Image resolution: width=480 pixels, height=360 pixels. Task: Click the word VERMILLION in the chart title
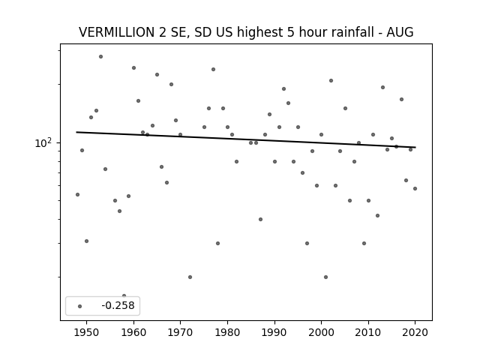(117, 32)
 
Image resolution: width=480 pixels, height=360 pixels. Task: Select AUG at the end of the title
(400, 32)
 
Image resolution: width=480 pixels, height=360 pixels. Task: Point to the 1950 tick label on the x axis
(87, 332)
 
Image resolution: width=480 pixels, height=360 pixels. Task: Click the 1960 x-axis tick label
(133, 332)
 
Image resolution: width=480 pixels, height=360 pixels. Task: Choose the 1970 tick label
(180, 332)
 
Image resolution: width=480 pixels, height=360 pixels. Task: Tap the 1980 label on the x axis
(227, 332)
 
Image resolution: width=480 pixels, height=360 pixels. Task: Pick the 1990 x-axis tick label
(274, 332)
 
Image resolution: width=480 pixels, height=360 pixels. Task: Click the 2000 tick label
(322, 332)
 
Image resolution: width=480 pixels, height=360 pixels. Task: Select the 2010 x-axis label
(368, 332)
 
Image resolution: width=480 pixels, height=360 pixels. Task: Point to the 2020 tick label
(415, 332)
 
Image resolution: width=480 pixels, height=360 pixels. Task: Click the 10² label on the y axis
(44, 143)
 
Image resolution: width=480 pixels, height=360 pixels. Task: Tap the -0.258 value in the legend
(118, 305)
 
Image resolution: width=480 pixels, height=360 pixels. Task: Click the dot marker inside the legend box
(80, 306)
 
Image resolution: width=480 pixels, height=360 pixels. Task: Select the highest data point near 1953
(100, 57)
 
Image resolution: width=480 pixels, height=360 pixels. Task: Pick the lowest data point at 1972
(190, 277)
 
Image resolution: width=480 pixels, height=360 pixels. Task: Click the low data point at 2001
(325, 277)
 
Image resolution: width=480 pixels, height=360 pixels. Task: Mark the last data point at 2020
(415, 188)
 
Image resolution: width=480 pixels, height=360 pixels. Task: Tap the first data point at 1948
(77, 195)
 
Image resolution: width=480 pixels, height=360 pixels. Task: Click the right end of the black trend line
(415, 147)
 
